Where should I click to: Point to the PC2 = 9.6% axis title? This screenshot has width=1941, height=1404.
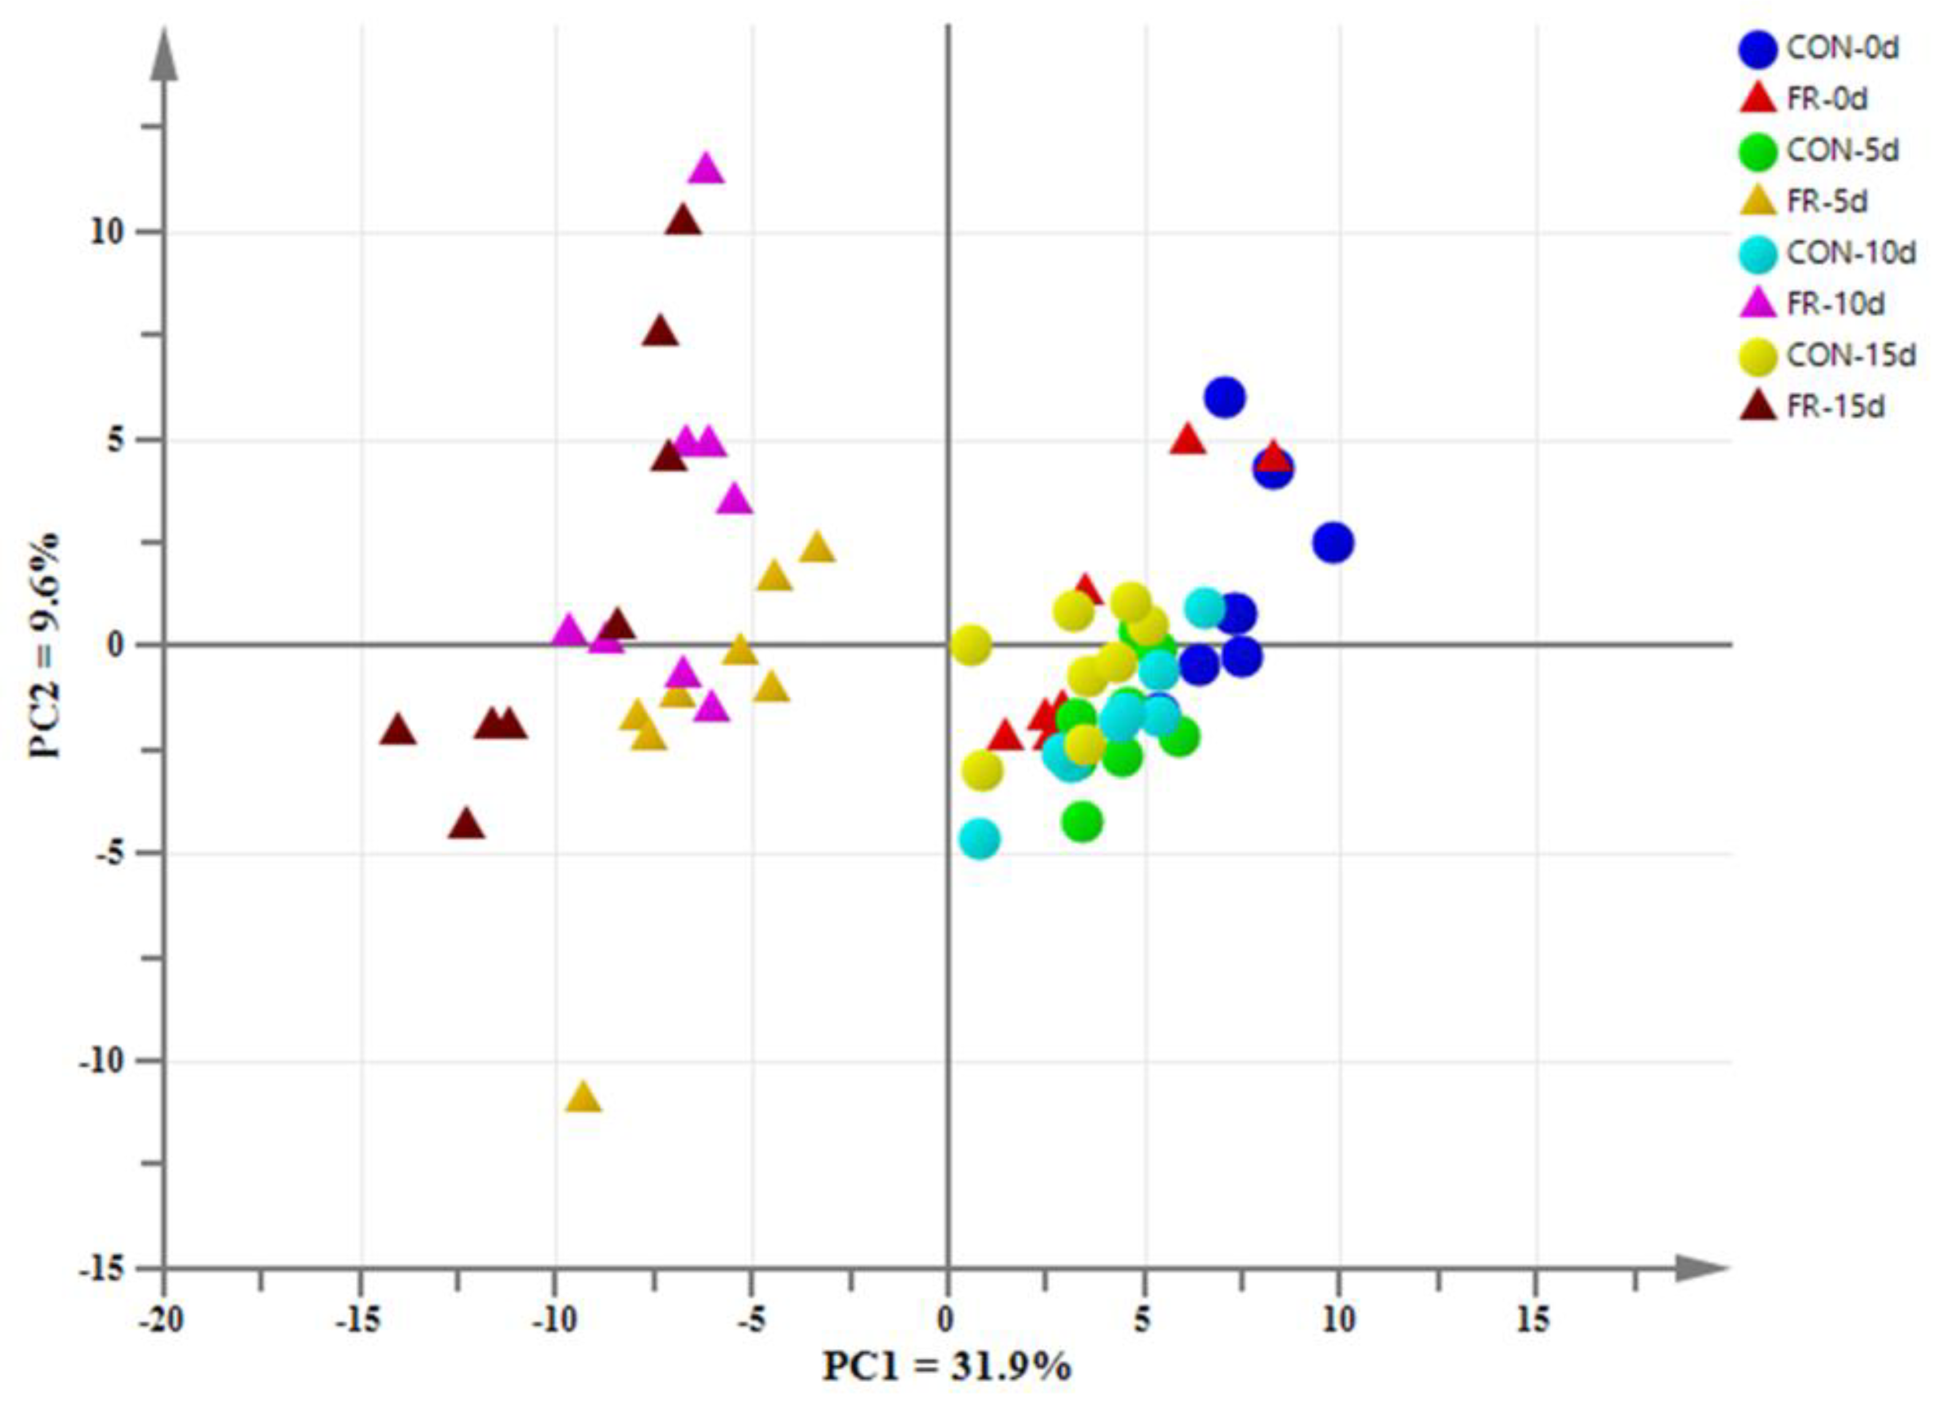tap(45, 646)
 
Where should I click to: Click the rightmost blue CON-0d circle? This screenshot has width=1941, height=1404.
tap(1333, 543)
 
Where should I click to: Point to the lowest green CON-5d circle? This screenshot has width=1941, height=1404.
tap(1082, 821)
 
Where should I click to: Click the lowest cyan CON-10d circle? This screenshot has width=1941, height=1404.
tap(979, 839)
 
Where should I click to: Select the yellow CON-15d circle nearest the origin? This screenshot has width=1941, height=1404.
tap(970, 644)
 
